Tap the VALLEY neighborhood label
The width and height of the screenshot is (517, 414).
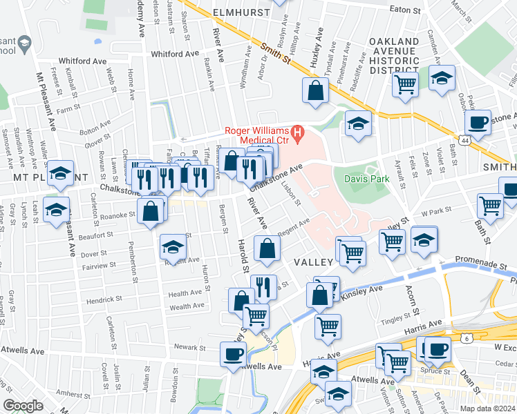(314, 262)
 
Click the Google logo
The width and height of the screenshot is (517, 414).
(23, 406)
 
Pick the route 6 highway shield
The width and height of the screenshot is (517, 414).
(468, 338)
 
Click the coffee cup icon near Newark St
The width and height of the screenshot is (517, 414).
(232, 353)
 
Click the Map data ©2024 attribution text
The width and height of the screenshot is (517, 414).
(487, 408)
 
